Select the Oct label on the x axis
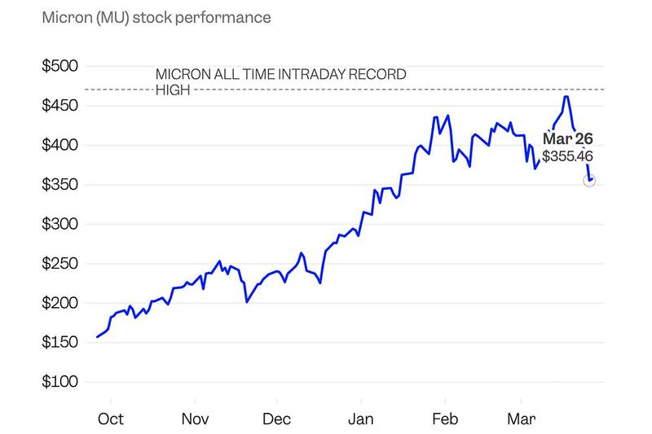pyautogui.click(x=110, y=419)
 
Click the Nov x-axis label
pyautogui.click(x=194, y=419)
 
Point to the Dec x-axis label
pyautogui.click(x=276, y=419)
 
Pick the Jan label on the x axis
pyautogui.click(x=360, y=419)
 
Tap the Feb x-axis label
pyautogui.click(x=444, y=419)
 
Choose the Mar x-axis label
pyautogui.click(x=521, y=419)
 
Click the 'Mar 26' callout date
pyautogui.click(x=567, y=139)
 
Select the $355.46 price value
pyautogui.click(x=568, y=156)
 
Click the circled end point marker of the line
pyautogui.click(x=589, y=181)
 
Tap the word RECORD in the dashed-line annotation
pyautogui.click(x=377, y=75)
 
